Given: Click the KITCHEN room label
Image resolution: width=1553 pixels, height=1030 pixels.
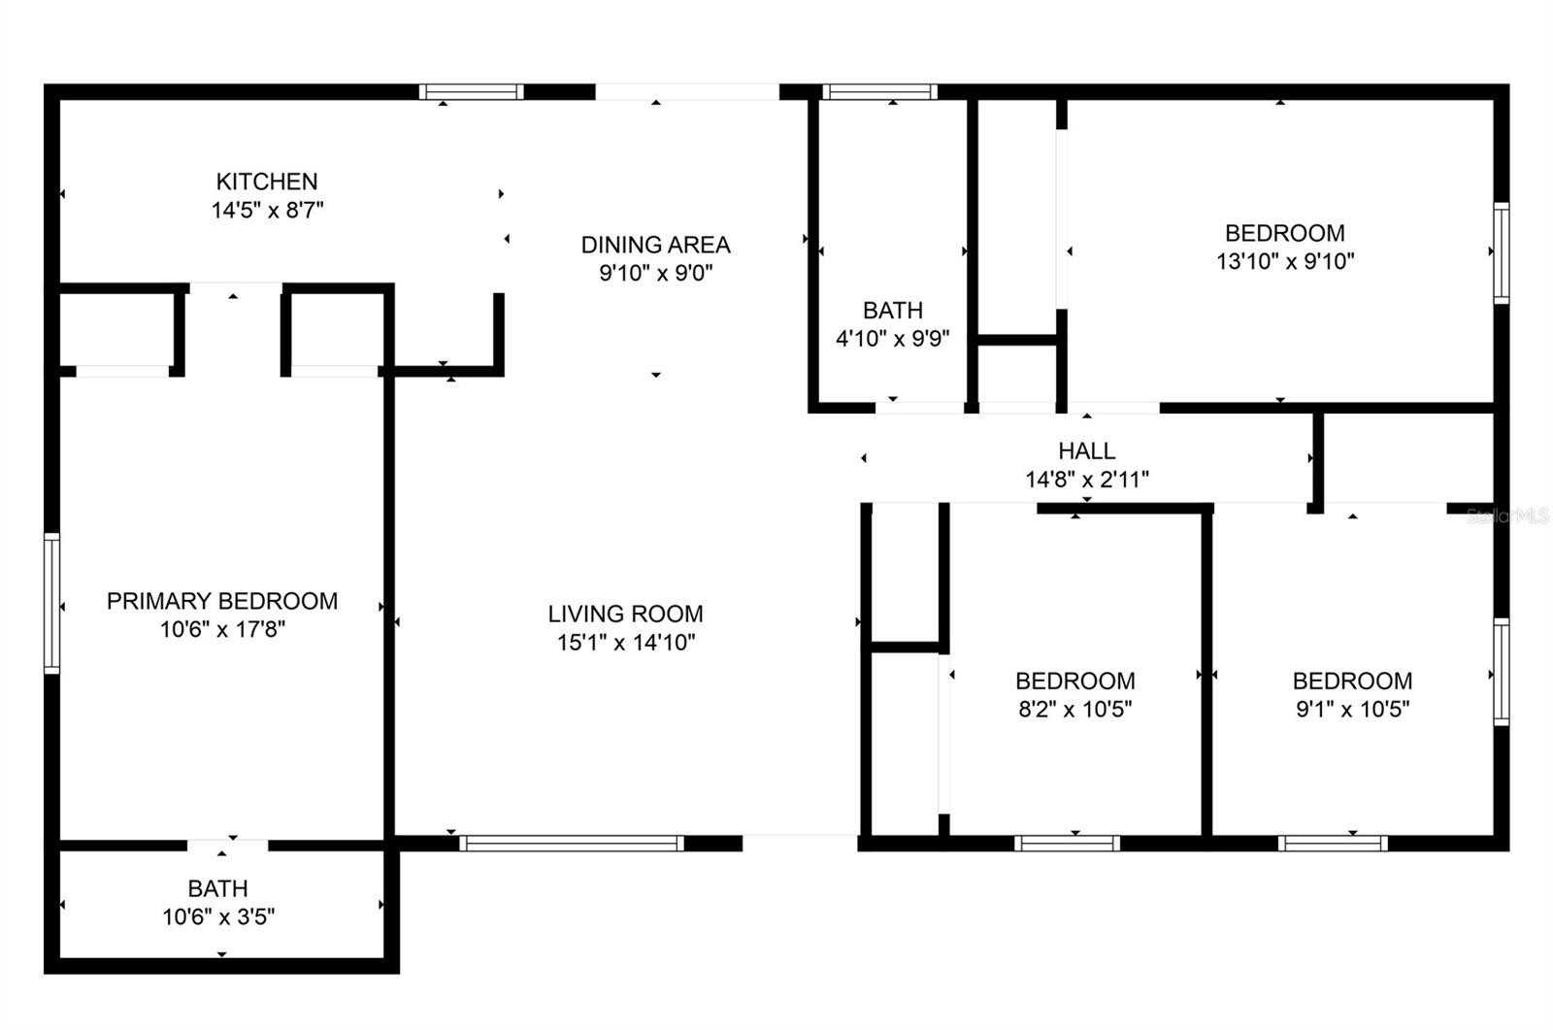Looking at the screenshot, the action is click(267, 182).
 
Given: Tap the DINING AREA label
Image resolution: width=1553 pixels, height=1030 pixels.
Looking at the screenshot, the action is click(655, 245).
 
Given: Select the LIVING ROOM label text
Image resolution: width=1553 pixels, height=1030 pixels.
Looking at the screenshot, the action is click(625, 614).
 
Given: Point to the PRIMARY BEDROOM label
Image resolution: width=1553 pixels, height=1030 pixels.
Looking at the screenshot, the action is click(222, 601).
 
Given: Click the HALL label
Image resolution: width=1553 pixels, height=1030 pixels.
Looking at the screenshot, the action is click(1086, 450).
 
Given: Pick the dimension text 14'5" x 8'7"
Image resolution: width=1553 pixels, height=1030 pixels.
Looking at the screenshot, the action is click(267, 210).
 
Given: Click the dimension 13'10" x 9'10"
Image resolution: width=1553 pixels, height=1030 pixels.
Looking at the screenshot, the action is click(1285, 261).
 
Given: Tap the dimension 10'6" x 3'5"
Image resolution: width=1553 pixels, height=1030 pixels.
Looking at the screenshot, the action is click(218, 917).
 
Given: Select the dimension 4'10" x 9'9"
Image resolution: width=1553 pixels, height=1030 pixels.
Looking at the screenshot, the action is click(892, 339).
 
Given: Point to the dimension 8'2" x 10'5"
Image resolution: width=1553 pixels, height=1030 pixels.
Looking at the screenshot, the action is click(1075, 710).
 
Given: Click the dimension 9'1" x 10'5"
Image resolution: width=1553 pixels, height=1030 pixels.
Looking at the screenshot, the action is click(1353, 710).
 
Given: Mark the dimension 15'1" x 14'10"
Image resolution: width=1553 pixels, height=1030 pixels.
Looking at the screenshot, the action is click(626, 643).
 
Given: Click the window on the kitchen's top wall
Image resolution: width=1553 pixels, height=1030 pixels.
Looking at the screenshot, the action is click(472, 92).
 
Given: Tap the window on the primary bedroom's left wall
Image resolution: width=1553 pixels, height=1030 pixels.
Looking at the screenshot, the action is click(52, 604).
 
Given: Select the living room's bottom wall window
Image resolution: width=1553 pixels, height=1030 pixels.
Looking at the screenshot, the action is click(572, 844).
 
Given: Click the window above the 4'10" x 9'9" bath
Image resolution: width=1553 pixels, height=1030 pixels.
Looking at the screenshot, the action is click(879, 92).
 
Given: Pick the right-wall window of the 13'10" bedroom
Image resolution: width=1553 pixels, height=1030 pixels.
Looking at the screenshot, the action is click(1501, 253).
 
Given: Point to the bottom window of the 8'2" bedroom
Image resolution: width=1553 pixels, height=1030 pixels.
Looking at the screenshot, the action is click(1067, 844).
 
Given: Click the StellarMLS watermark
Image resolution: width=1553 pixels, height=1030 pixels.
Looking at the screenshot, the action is click(1508, 515).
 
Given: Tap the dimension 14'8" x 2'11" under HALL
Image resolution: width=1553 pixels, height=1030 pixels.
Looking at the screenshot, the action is click(1086, 480).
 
